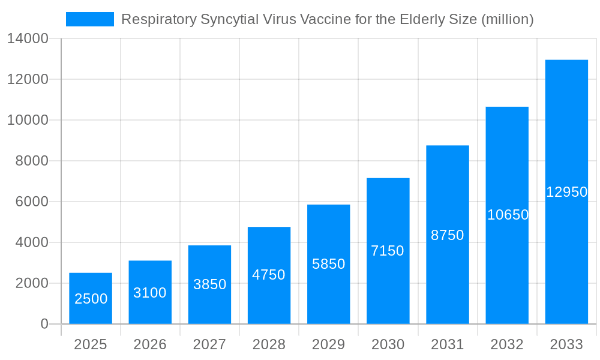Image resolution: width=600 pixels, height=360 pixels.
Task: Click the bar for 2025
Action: [91, 298]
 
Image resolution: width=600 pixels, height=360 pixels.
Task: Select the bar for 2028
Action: [269, 275]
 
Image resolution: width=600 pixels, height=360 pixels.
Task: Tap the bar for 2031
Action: [448, 235]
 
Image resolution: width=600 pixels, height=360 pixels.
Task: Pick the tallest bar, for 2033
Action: [566, 192]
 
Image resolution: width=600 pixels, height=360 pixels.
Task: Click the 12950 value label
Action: [566, 192]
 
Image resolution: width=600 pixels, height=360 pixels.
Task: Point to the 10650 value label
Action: [508, 215]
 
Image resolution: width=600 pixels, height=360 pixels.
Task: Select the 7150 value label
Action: [388, 251]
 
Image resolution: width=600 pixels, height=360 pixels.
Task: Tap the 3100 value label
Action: [150, 293]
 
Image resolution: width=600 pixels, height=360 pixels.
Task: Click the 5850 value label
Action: [329, 264]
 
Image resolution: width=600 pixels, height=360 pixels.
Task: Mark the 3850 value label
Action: [209, 284]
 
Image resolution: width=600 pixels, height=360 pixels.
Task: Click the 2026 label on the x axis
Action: [150, 344]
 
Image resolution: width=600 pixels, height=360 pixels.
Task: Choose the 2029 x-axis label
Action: [329, 344]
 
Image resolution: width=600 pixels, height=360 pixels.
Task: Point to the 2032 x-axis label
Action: [507, 344]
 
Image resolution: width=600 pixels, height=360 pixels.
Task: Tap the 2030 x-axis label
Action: [388, 344]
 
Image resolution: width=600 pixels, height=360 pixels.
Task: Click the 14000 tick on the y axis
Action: [28, 39]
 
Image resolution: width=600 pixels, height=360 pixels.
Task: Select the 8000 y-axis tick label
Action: [32, 161]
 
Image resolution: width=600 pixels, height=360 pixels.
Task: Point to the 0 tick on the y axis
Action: [44, 324]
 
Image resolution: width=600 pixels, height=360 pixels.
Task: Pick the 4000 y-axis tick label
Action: [32, 242]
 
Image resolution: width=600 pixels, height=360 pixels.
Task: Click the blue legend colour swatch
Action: [90, 19]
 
